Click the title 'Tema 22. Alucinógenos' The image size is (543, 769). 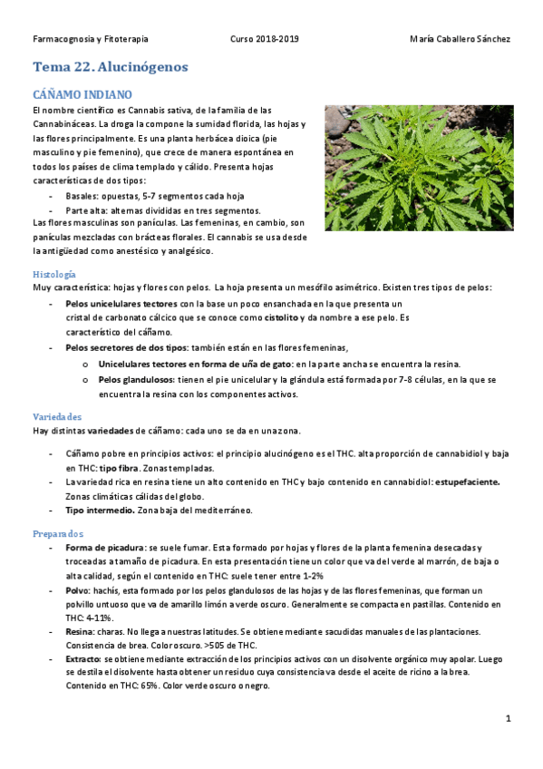(x=111, y=67)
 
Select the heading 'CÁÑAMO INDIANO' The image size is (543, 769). (x=82, y=94)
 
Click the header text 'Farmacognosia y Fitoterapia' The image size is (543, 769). (x=91, y=39)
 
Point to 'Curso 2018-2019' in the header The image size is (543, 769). (x=265, y=39)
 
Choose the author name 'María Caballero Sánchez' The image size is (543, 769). (x=460, y=39)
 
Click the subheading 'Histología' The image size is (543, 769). (x=54, y=274)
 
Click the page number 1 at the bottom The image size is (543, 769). (x=509, y=718)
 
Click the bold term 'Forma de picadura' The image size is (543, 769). (x=104, y=549)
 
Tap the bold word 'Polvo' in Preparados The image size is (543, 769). (x=79, y=590)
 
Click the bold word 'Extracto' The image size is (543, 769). (x=84, y=659)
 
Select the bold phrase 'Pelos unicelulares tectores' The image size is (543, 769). (x=121, y=304)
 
